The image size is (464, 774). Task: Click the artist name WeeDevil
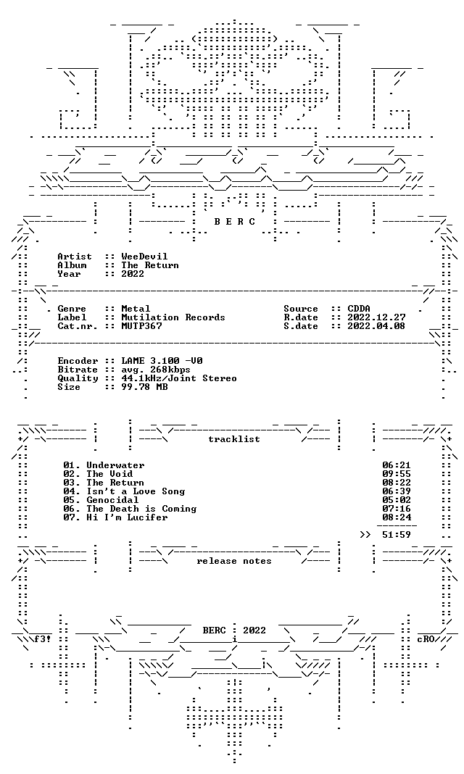coord(144,257)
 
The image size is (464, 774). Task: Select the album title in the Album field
coord(150,265)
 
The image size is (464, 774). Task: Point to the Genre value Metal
coord(136,309)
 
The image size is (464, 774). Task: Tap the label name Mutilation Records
coord(173,317)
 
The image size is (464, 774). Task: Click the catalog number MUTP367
coord(141,326)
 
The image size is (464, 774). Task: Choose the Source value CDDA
coord(359,309)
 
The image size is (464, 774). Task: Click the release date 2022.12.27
coord(376,317)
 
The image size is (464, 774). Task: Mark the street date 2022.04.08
coord(376,326)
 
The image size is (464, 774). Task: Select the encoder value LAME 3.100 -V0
coord(162,361)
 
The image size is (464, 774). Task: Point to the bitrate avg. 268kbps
coord(156,370)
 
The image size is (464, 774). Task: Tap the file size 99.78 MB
coord(144,387)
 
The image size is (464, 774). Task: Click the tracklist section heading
coord(234,439)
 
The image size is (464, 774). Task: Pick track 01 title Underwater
coord(115,465)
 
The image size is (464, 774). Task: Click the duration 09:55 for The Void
coord(397,474)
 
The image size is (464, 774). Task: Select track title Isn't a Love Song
coord(136,491)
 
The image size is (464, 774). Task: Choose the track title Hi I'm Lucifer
coord(127,517)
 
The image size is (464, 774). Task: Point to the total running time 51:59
coord(397,535)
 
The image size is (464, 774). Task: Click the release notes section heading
coord(234,561)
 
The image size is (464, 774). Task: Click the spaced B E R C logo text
coord(234,222)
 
